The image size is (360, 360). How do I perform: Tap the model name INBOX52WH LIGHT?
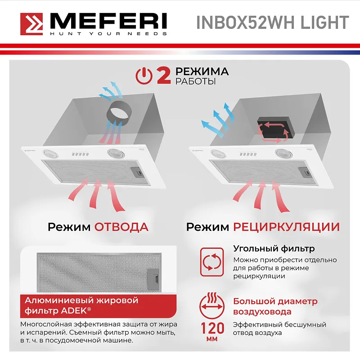(x=272, y=22)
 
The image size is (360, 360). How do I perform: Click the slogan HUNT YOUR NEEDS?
(x=108, y=34)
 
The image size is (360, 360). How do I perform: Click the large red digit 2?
(x=163, y=75)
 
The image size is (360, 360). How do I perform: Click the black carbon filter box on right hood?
(x=274, y=127)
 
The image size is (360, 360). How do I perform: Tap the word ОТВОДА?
(x=121, y=226)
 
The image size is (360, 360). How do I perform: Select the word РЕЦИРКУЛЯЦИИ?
(x=286, y=226)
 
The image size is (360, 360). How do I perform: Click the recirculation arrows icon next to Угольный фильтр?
(x=211, y=261)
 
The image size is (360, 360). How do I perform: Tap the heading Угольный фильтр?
(x=274, y=248)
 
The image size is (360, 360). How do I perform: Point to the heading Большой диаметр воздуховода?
(x=275, y=306)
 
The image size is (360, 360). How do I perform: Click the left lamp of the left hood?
(x=49, y=153)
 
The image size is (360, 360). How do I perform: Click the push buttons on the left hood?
(x=80, y=154)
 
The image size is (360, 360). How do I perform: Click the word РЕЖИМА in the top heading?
(x=202, y=72)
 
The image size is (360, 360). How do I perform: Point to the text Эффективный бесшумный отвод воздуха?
(x=279, y=328)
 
